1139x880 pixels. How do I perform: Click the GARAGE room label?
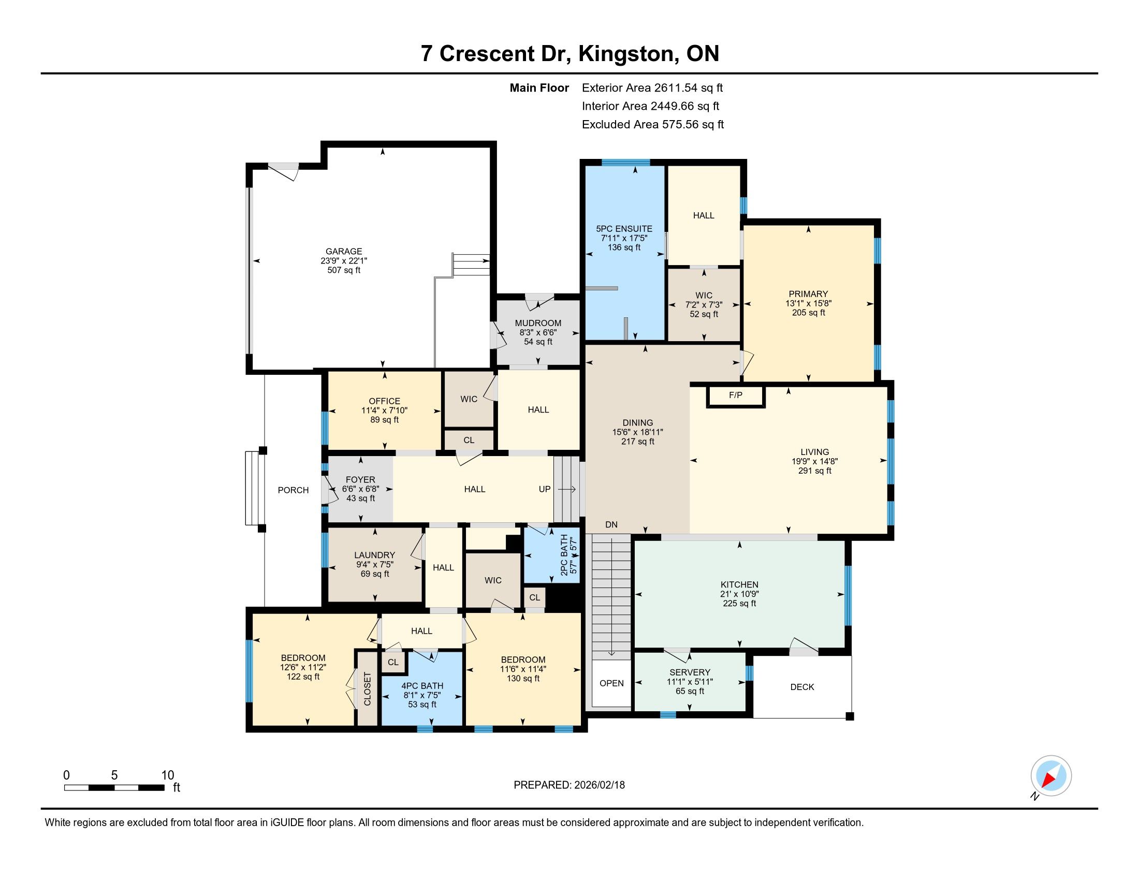click(344, 251)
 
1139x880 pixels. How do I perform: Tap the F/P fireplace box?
click(735, 395)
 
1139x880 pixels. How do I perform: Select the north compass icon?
click(1051, 776)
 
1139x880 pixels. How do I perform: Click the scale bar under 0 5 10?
click(114, 787)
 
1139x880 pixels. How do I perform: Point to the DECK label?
click(802, 687)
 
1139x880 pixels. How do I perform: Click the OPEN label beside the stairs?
click(612, 683)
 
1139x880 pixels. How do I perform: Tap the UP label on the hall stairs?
click(545, 489)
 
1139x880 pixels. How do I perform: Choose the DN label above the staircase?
click(611, 524)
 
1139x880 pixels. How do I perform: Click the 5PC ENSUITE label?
click(624, 229)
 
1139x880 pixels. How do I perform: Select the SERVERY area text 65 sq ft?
click(690, 691)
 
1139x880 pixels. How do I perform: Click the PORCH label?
click(293, 490)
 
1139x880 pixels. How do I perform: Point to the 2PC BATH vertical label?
click(564, 555)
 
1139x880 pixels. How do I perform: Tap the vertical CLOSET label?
click(367, 688)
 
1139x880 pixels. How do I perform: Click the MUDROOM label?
click(538, 323)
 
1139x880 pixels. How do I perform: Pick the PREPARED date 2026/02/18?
click(599, 785)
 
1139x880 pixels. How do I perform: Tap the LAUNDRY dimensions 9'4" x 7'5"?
click(374, 565)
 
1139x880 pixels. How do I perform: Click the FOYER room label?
click(360, 480)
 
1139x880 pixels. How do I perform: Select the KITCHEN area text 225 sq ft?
click(739, 604)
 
